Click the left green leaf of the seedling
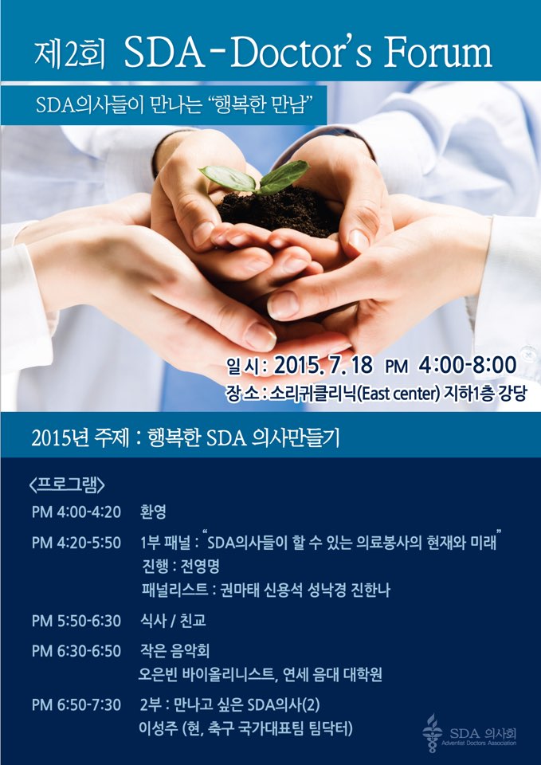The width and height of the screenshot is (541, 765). (227, 178)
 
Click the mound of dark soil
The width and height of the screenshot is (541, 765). (278, 212)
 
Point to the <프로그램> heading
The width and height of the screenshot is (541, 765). (67, 485)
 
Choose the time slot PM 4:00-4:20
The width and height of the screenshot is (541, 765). (76, 512)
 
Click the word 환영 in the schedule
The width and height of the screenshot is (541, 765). (153, 512)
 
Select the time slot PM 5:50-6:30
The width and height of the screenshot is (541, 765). (76, 621)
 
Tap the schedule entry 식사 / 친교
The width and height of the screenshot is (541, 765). (173, 621)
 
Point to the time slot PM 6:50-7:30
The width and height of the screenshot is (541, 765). (76, 705)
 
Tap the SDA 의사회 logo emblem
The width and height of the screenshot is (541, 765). (432, 732)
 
